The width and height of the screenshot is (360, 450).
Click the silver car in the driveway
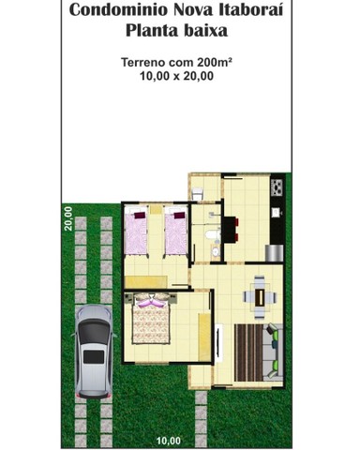[x=94, y=350]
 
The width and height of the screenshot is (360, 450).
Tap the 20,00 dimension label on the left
[x=68, y=217]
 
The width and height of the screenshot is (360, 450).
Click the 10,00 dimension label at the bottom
[x=169, y=440]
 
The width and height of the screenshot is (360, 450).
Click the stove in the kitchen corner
[x=276, y=187]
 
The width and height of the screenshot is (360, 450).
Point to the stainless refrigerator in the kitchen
[x=274, y=251]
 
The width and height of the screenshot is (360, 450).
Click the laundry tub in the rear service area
[x=198, y=193]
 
